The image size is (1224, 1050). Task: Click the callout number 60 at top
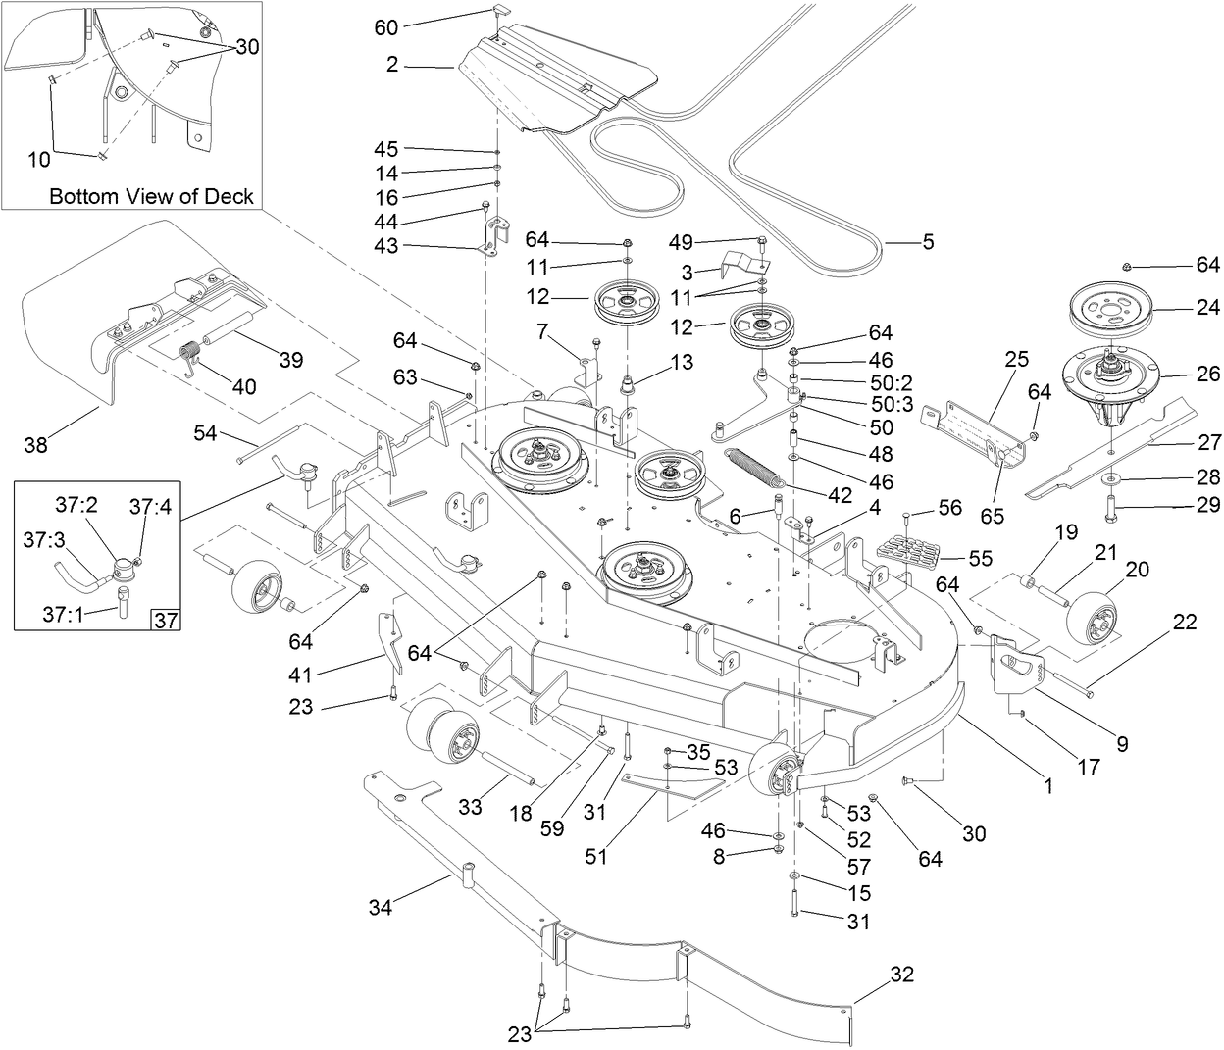(x=386, y=27)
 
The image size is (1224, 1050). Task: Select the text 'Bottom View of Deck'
(x=151, y=196)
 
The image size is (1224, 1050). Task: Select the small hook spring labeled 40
(x=191, y=355)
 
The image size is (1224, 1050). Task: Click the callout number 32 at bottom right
(x=901, y=975)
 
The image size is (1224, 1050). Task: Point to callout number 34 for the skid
(x=380, y=908)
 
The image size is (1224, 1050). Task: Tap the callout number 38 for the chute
(x=36, y=446)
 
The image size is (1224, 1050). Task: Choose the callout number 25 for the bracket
(x=1016, y=359)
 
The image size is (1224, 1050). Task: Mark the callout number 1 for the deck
(x=1047, y=785)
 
